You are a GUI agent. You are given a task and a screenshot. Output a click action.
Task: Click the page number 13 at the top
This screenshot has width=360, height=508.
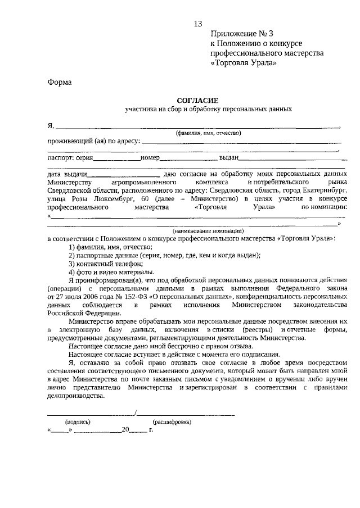tap(197, 24)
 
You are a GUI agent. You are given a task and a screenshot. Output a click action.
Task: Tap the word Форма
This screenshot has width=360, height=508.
tap(59, 82)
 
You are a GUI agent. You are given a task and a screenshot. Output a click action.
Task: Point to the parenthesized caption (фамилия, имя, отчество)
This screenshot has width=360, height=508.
tap(208, 133)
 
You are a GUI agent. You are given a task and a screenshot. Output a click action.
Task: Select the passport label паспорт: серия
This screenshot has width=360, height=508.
tap(70, 158)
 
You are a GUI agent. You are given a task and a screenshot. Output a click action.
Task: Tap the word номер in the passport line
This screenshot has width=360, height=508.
tap(151, 158)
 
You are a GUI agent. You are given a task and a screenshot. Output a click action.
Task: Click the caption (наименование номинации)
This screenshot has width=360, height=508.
tap(208, 231)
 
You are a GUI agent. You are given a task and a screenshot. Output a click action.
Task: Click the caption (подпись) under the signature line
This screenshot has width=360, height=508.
tap(76, 421)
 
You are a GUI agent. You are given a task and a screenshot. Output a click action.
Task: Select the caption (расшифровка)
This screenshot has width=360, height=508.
tap(172, 421)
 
